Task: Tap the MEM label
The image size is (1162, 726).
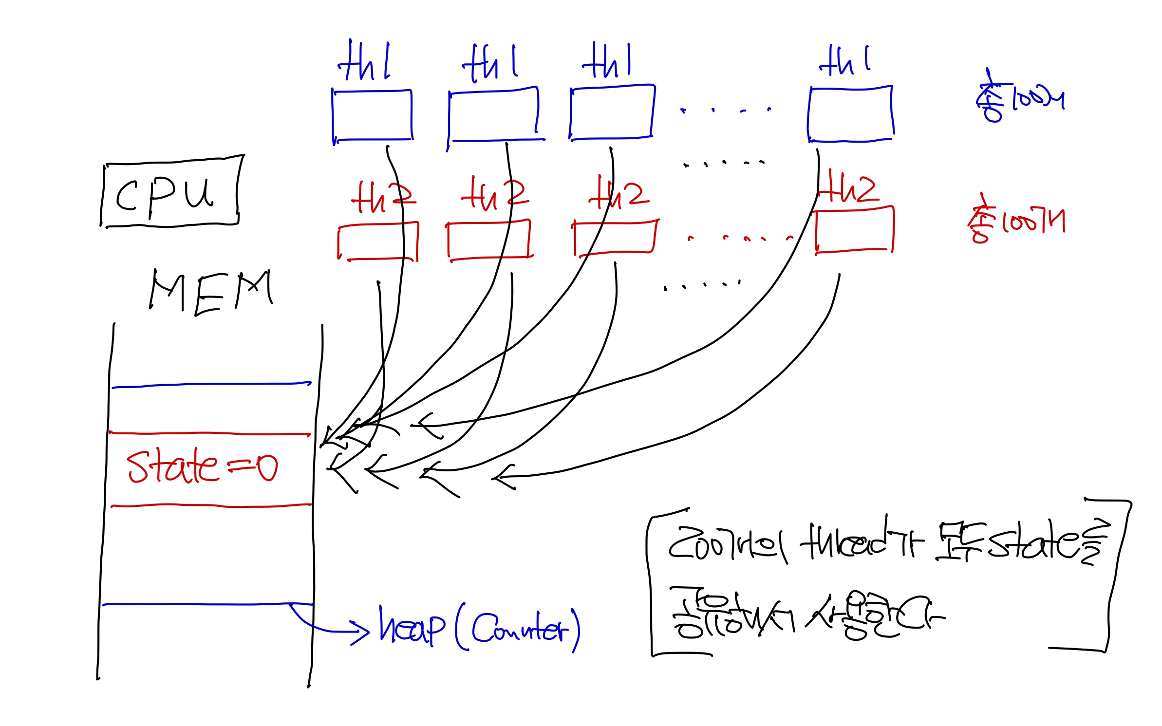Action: pos(210,291)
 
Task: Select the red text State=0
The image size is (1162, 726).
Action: pos(202,467)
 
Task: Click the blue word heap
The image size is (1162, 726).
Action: pos(412,626)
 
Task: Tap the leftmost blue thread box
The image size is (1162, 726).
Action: pos(373,116)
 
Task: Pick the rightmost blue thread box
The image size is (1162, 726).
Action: pos(850,114)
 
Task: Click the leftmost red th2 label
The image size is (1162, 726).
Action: pos(382,197)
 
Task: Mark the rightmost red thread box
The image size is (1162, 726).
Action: pos(855,230)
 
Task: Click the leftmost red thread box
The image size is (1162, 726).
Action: pos(378,242)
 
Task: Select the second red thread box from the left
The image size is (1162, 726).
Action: pos(489,240)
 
